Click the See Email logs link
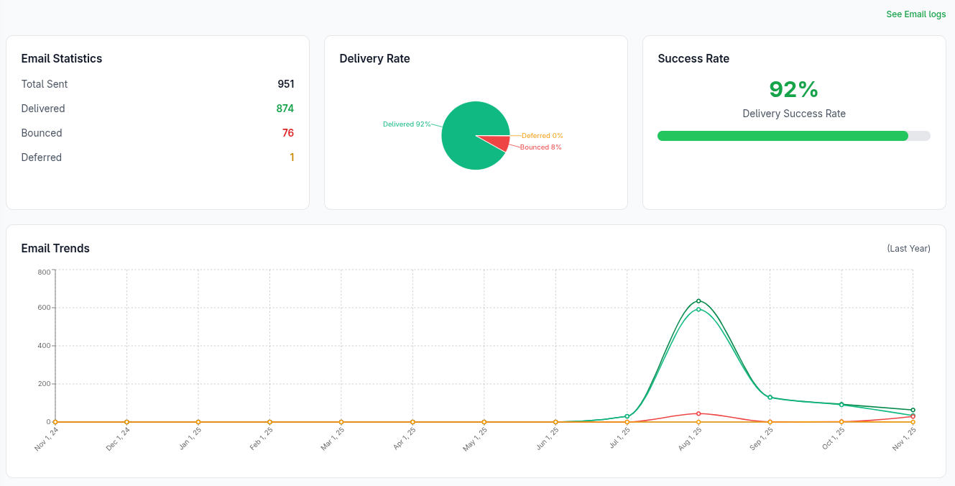tap(915, 14)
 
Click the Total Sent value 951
tap(286, 84)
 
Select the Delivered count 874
tap(285, 109)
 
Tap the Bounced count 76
tap(287, 133)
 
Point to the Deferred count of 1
tap(292, 157)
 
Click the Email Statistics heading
tap(62, 59)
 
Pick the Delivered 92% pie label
tap(407, 124)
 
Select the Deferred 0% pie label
tap(542, 136)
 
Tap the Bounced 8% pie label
tap(540, 147)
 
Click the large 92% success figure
tap(793, 89)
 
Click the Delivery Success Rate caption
tap(793, 114)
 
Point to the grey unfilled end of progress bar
tap(920, 136)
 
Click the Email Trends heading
tap(55, 249)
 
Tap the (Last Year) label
tap(908, 249)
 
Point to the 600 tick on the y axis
tap(44, 308)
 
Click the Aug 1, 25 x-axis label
tap(690, 438)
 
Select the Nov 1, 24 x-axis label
tap(46, 438)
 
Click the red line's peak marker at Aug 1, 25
tap(698, 413)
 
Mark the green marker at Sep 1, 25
tap(770, 398)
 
